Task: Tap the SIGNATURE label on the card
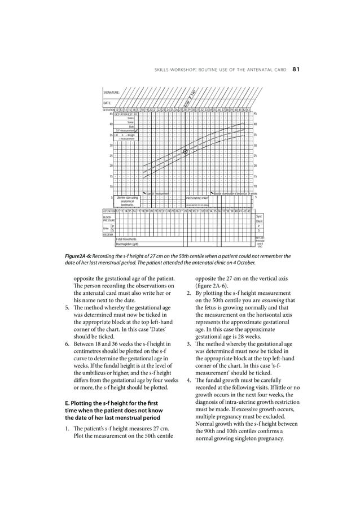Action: pyautogui.click(x=111, y=90)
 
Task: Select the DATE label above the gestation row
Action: pyautogui.click(x=107, y=103)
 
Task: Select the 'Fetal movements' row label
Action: pyautogui.click(x=127, y=239)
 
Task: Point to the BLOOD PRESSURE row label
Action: pyautogui.click(x=108, y=218)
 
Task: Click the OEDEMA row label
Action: pyautogui.click(x=107, y=234)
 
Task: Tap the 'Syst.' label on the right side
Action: pyautogui.click(x=259, y=216)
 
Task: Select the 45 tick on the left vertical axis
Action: pyautogui.click(x=111, y=114)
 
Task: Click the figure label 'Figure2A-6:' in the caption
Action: pyautogui.click(x=84, y=256)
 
